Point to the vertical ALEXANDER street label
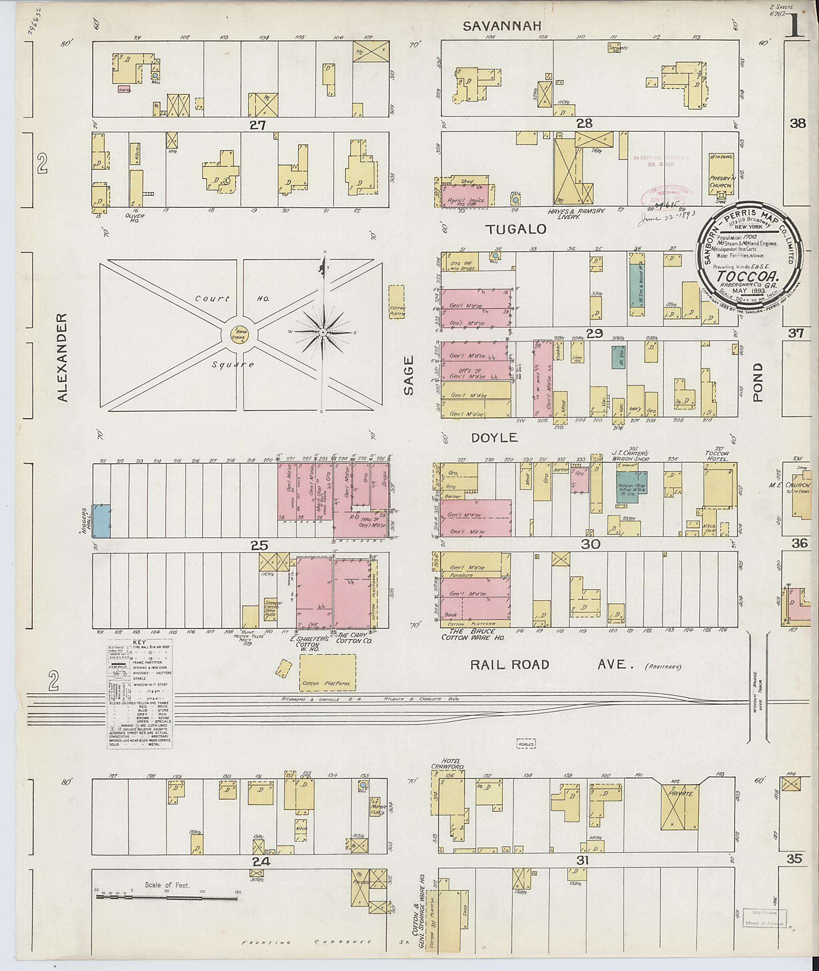(63, 357)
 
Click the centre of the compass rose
(322, 333)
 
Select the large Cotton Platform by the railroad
(328, 672)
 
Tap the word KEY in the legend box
(139, 642)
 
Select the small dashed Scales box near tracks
(526, 744)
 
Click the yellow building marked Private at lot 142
(680, 806)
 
